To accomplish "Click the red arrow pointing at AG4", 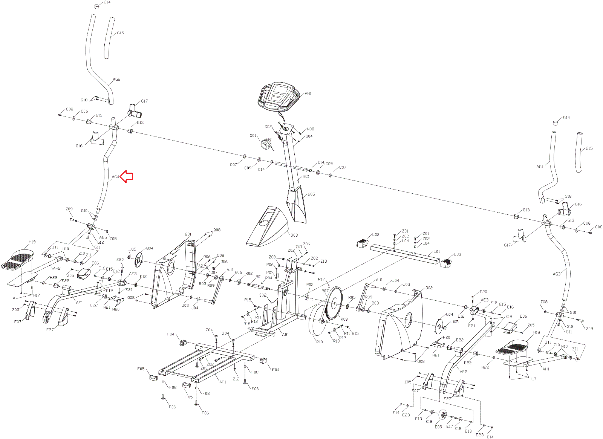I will [x=127, y=176].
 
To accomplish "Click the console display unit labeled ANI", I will [x=278, y=96].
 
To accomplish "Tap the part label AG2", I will [x=116, y=80].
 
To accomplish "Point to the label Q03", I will [x=294, y=235].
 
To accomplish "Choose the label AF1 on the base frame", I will [x=223, y=382].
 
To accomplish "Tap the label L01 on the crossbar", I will [x=436, y=251].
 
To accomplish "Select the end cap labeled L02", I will [x=363, y=243].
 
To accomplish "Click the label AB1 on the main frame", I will [x=285, y=335].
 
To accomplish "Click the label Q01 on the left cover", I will [x=188, y=234].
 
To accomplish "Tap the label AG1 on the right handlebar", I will [x=540, y=167].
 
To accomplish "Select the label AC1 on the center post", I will [x=306, y=176].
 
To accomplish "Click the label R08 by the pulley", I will [x=344, y=319].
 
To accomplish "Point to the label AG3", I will [x=557, y=274].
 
